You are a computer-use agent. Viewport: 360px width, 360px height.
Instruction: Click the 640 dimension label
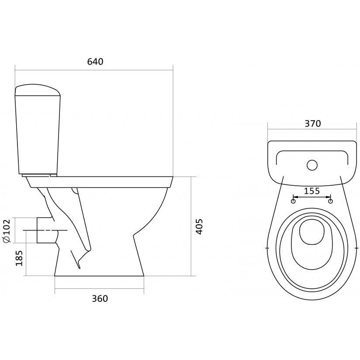tap(95, 62)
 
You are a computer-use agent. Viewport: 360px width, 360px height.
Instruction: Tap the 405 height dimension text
tap(199, 227)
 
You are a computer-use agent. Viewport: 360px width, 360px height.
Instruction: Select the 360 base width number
tap(100, 298)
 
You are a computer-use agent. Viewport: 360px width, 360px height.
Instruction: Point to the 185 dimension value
tap(19, 258)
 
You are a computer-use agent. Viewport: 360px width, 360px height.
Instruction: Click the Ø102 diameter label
tap(7, 231)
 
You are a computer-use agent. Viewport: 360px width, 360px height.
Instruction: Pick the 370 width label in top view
tap(313, 124)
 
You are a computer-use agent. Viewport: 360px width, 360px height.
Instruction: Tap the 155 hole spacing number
tap(312, 191)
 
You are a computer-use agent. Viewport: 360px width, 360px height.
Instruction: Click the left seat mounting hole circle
tap(293, 201)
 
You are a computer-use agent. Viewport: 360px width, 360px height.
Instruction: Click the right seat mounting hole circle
tap(331, 201)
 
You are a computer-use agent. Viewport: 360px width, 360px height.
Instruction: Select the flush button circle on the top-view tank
tap(312, 165)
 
